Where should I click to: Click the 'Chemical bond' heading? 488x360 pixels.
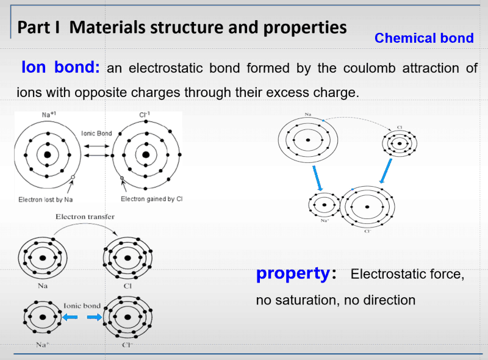pyautogui.click(x=424, y=38)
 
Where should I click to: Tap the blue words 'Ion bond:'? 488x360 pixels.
pyautogui.click(x=60, y=67)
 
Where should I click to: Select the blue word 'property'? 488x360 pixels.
pyautogui.click(x=293, y=273)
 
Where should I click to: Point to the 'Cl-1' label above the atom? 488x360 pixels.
pyautogui.click(x=145, y=115)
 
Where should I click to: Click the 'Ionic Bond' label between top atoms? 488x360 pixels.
pyautogui.click(x=96, y=134)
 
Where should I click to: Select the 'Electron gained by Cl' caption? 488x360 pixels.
pyautogui.click(x=152, y=199)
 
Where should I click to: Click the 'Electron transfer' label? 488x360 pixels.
pyautogui.click(x=85, y=217)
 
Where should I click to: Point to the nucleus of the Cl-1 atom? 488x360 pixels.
pyautogui.click(x=146, y=154)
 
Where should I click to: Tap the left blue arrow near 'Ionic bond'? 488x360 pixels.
pyautogui.click(x=71, y=317)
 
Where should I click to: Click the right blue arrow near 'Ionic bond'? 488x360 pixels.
pyautogui.click(x=93, y=317)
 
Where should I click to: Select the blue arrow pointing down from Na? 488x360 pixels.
pyautogui.click(x=317, y=177)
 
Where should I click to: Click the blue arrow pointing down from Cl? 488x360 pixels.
pyautogui.click(x=385, y=170)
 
